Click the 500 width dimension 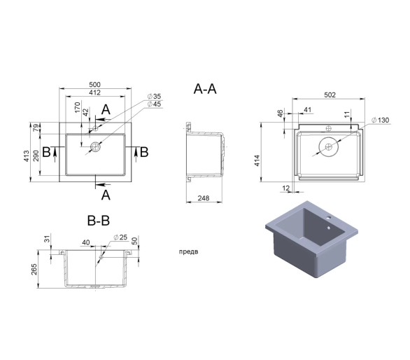[94, 85]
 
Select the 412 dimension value [94, 92]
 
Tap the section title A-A [205, 89]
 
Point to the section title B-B [99, 221]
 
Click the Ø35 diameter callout [154, 97]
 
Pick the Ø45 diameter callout [154, 104]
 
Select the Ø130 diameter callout [381, 120]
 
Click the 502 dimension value [330, 95]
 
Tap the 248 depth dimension [204, 198]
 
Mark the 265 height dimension [34, 270]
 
